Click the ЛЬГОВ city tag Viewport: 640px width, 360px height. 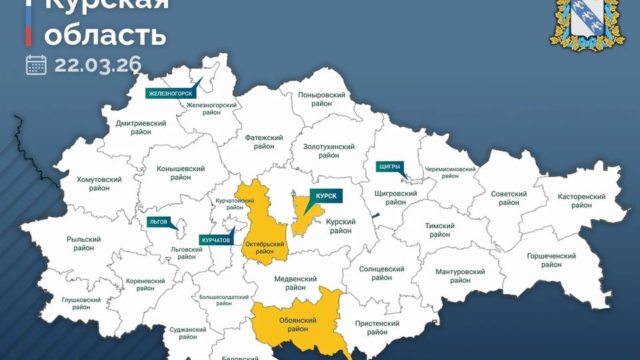(159, 221)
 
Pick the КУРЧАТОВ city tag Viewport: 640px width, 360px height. (215, 239)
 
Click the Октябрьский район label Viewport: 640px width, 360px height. (265, 247)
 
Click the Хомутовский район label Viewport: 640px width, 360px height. (99, 184)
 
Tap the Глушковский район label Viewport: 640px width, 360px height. (81, 304)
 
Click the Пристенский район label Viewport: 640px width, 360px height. (377, 327)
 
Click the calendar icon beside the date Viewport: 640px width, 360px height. (36, 65)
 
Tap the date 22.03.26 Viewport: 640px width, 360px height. (98, 65)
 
